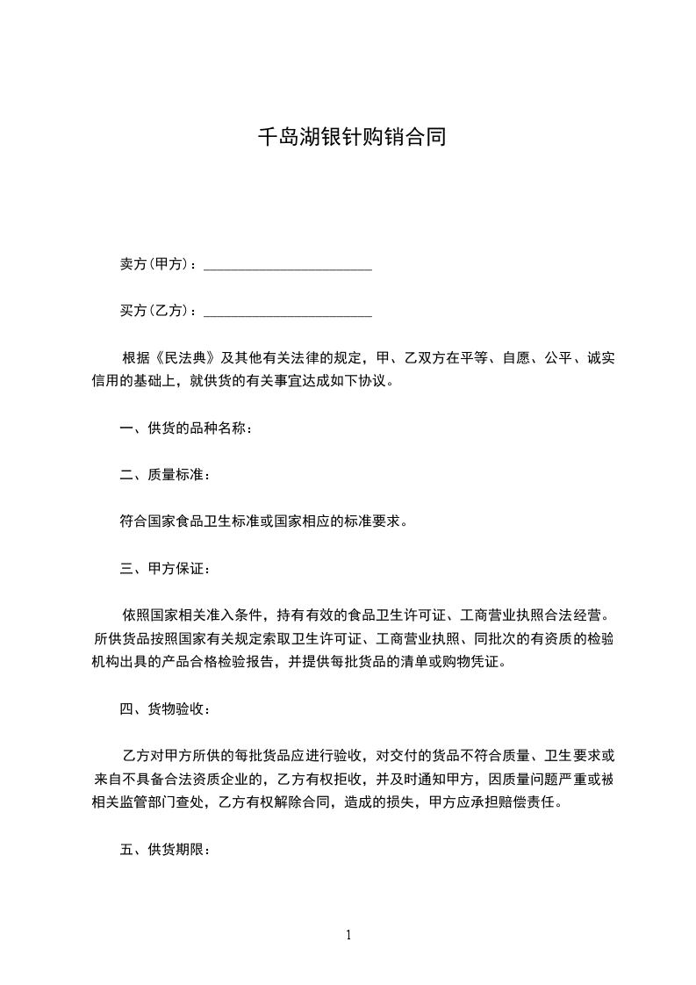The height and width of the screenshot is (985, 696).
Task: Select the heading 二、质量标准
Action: tap(164, 475)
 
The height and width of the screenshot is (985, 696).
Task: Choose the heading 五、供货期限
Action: tap(164, 850)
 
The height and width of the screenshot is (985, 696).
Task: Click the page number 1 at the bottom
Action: tap(348, 935)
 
